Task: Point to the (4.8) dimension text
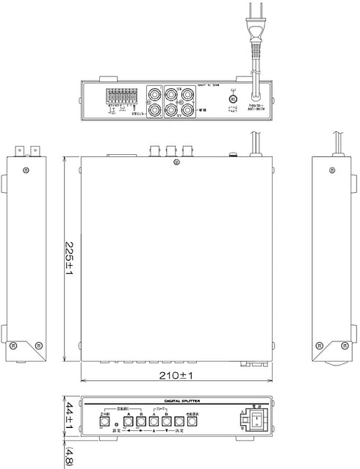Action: point(68,456)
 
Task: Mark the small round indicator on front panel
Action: point(115,426)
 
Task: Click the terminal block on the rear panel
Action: point(120,98)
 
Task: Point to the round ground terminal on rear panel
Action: point(233,99)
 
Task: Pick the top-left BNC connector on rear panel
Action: point(156,95)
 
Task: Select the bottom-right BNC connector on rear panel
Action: point(188,110)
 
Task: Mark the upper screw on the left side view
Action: point(26,171)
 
